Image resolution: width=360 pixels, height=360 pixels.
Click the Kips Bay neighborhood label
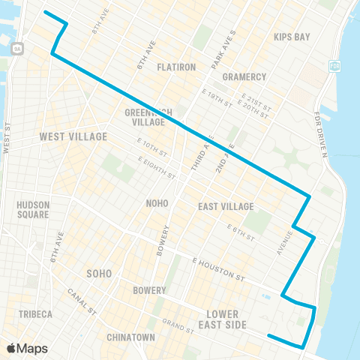[x=292, y=37]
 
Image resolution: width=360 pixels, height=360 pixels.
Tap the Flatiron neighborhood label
[x=176, y=67]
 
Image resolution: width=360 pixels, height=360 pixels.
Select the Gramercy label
[x=244, y=77]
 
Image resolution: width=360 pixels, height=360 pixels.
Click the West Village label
[x=73, y=136]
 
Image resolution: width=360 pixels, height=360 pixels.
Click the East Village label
[x=226, y=206]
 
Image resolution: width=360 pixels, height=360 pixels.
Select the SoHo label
[x=99, y=273]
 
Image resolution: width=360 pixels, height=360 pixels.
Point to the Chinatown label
[x=130, y=337]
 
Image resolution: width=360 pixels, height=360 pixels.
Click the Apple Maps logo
[x=26, y=348]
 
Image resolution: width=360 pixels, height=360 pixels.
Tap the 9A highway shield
[x=17, y=48]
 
